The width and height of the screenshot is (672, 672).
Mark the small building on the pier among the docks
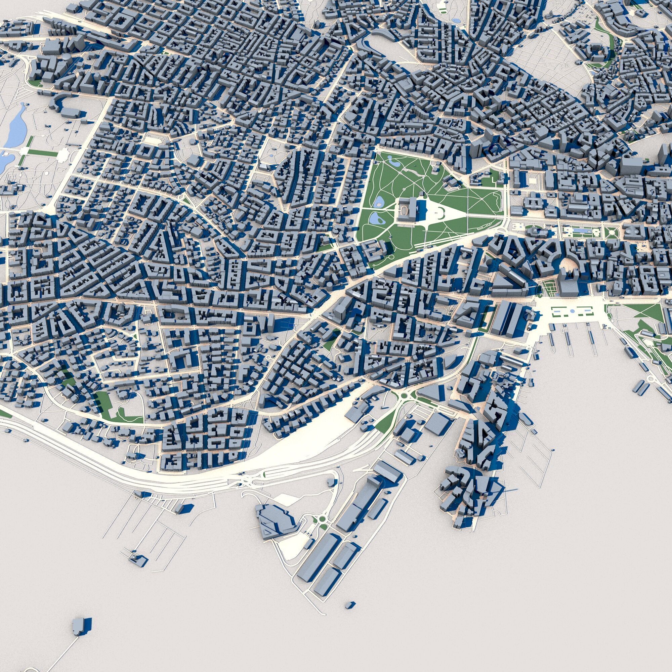click(137, 559)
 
